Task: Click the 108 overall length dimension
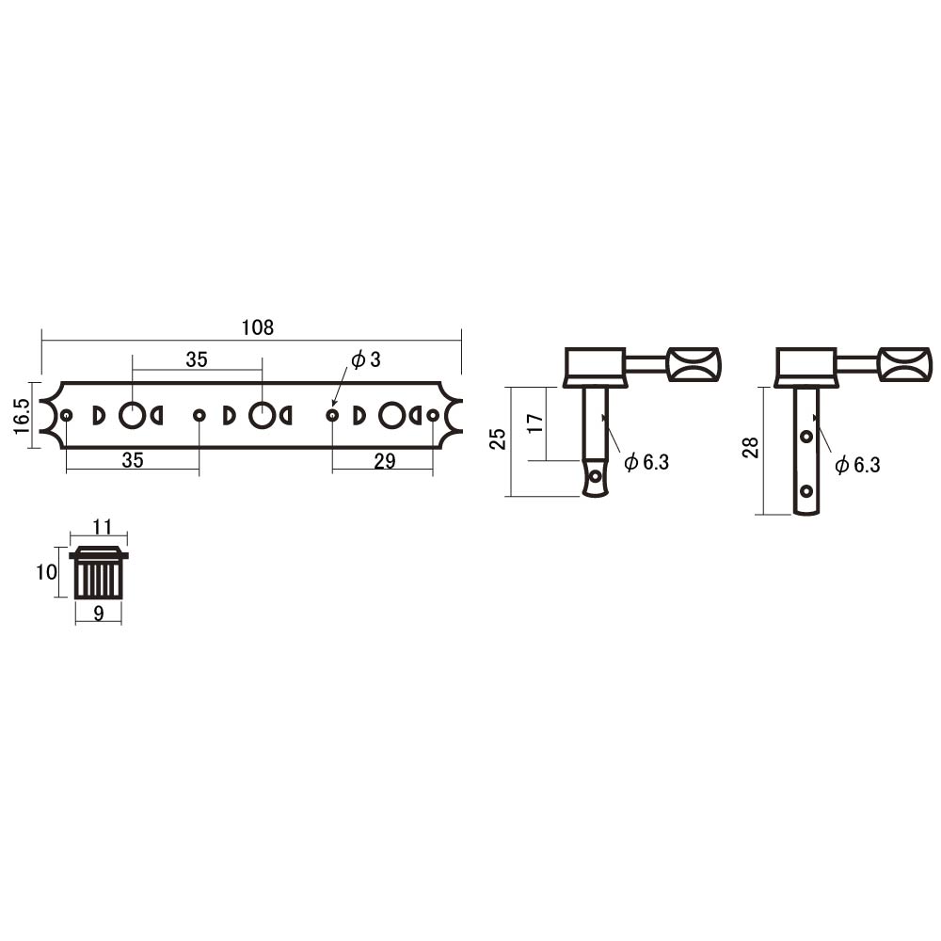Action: click(258, 327)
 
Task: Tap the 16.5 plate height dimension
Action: click(22, 415)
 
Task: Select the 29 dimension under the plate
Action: click(385, 461)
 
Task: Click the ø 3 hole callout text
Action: click(366, 359)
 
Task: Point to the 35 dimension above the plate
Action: click(197, 359)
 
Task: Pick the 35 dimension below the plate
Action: click(133, 460)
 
